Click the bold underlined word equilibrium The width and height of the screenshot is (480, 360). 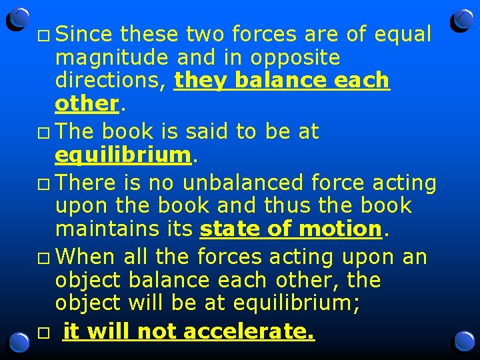point(123,155)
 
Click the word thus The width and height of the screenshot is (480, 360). point(314,205)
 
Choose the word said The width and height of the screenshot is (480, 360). point(209,131)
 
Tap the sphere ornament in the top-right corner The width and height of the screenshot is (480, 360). point(461,20)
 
